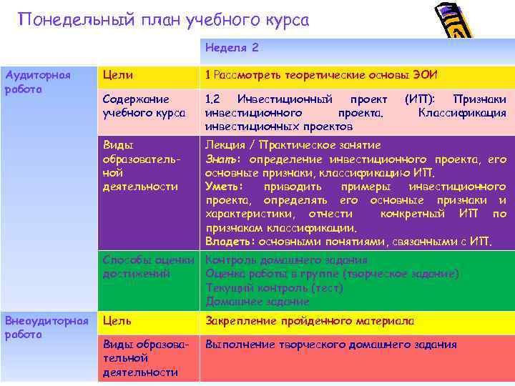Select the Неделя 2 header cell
point(232,48)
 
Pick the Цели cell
point(118,75)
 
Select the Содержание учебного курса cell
point(144,106)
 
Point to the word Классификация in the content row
point(462,112)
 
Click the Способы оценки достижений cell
point(148,267)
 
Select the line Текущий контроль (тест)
point(274,287)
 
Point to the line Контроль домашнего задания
point(286,260)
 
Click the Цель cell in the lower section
point(117,321)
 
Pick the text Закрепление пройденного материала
point(310,321)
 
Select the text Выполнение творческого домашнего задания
point(330,345)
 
